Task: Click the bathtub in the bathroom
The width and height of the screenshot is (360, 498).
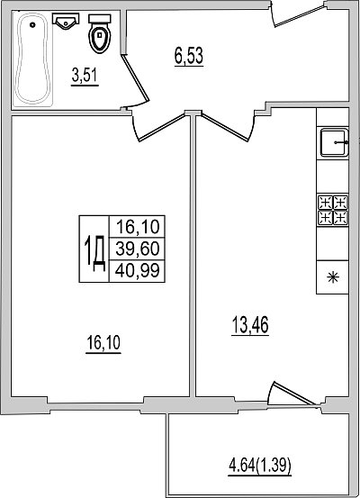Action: [x=33, y=59]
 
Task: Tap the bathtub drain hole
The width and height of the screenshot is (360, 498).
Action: [x=32, y=24]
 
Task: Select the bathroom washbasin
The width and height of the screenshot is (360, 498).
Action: [x=66, y=21]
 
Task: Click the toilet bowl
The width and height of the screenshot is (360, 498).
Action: [x=100, y=38]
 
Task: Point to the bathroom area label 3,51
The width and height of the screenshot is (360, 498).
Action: [x=85, y=77]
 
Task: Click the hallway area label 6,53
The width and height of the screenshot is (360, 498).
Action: [x=189, y=57]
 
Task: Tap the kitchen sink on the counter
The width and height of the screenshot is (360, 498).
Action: [x=334, y=142]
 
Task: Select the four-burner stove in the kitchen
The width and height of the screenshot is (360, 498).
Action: [x=333, y=210]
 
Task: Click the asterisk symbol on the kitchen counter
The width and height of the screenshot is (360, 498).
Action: [x=333, y=278]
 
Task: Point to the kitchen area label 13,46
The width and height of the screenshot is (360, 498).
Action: [x=250, y=325]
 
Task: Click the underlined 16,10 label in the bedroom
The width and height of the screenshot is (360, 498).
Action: [x=103, y=344]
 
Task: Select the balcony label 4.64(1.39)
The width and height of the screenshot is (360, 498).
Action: [x=260, y=466]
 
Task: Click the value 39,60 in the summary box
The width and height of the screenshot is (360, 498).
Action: [x=138, y=249]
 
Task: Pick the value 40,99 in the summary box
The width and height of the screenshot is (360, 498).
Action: [x=138, y=270]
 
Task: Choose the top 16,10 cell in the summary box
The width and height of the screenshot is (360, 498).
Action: [x=138, y=227]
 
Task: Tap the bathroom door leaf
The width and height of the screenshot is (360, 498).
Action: [x=135, y=77]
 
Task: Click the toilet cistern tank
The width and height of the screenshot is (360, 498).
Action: [x=100, y=18]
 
